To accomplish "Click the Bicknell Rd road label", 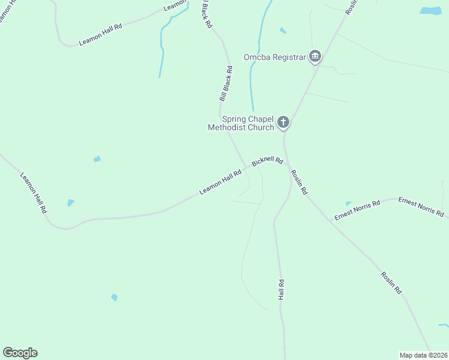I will (x=268, y=161).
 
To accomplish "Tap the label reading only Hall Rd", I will (x=280, y=290).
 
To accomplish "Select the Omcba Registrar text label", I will (x=275, y=58).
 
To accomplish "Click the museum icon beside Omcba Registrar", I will (x=315, y=58).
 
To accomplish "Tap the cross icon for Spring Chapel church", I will (x=283, y=123).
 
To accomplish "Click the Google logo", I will (x=20, y=353).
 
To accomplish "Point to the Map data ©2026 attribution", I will (x=423, y=355).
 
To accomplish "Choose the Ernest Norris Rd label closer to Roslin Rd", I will (x=358, y=211).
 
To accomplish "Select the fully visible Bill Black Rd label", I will (x=226, y=83).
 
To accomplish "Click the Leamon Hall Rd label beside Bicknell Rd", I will (x=220, y=182).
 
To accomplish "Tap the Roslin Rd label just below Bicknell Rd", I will (x=299, y=182).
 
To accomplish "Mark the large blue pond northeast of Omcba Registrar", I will (x=430, y=11).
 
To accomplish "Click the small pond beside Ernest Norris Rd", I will (x=349, y=204).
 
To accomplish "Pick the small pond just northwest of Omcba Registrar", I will (x=283, y=30).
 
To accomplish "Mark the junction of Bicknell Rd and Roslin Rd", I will (x=287, y=164).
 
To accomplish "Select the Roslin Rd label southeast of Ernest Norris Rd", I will (x=391, y=283).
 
